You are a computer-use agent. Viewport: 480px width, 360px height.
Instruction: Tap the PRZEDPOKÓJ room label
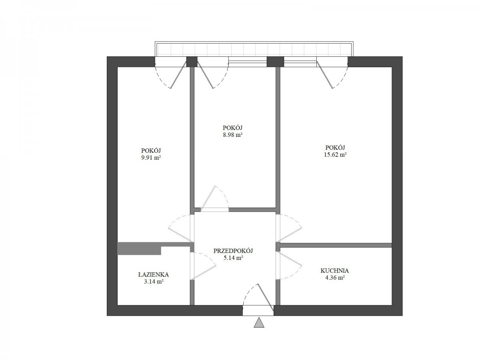tap(233, 251)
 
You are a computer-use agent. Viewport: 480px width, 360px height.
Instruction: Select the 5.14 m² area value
tap(233, 258)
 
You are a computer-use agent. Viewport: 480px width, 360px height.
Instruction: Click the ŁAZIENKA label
tap(154, 274)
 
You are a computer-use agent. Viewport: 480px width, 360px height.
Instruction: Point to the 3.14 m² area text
tap(154, 282)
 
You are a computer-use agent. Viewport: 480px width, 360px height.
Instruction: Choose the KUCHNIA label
tap(334, 271)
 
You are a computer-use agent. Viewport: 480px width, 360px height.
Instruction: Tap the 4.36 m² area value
tap(335, 278)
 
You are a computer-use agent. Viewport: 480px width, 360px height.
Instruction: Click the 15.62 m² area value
tap(335, 155)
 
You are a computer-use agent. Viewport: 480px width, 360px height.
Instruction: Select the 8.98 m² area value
tap(233, 135)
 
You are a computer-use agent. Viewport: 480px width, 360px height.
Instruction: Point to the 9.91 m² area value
tap(151, 158)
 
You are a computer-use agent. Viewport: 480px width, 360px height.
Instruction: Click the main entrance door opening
tap(258, 310)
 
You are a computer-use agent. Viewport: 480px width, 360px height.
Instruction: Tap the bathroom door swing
tap(203, 266)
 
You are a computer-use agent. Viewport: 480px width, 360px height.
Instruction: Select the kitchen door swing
tap(289, 265)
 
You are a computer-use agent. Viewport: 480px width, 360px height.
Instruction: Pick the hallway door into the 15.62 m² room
tap(289, 228)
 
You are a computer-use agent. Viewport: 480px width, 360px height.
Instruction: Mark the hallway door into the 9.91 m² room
tap(181, 228)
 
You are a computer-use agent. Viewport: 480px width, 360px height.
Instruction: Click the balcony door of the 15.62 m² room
tap(332, 75)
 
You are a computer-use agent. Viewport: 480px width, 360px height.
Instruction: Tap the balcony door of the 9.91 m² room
tap(170, 75)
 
